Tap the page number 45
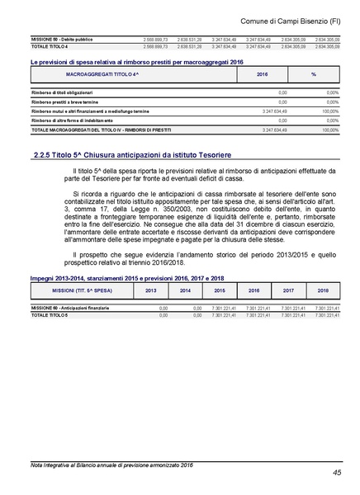click(337, 473)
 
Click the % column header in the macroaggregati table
click(314, 74)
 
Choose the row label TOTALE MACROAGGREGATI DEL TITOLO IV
click(91, 130)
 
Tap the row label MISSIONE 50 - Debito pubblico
click(59, 39)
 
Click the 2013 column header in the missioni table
click(150, 291)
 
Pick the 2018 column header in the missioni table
click(323, 291)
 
